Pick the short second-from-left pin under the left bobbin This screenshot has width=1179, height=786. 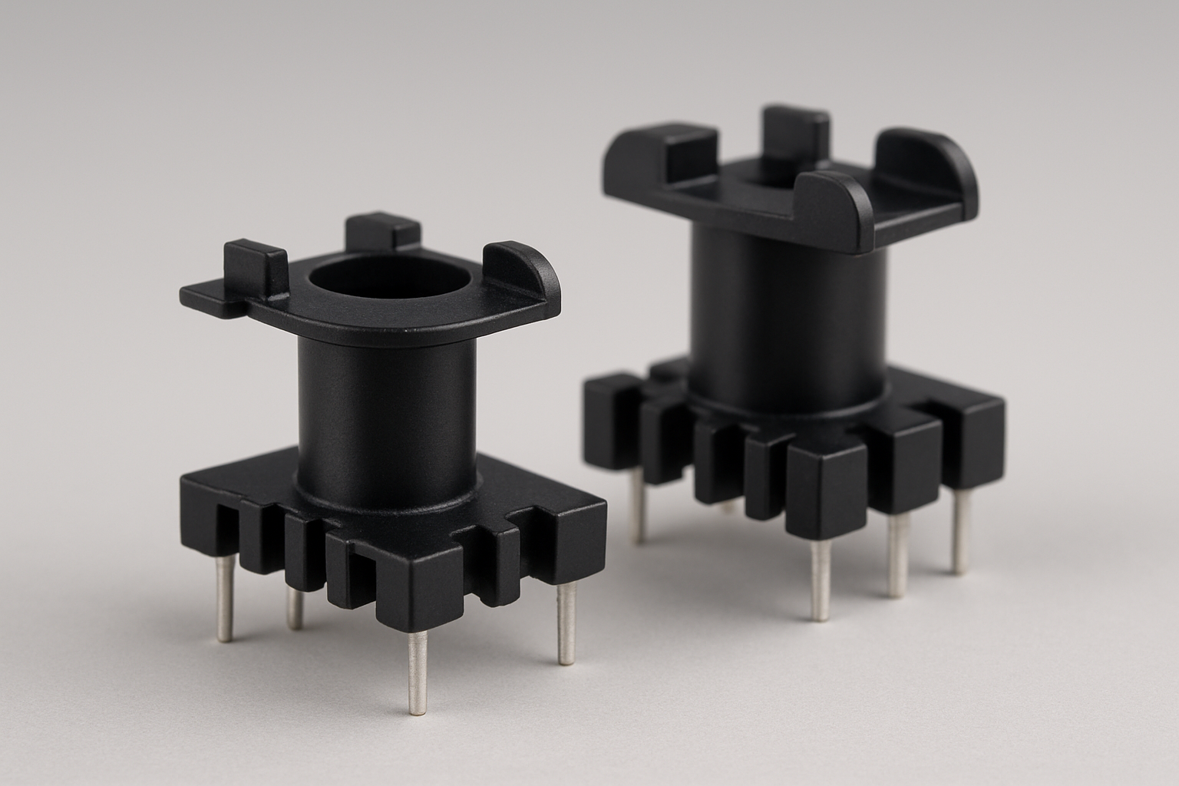(294, 608)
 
